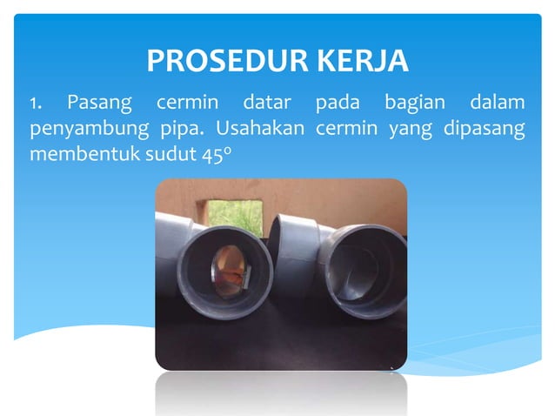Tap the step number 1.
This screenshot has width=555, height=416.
[x=34, y=104]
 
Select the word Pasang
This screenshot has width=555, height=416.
[x=100, y=104]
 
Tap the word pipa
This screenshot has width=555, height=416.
[x=180, y=131]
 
